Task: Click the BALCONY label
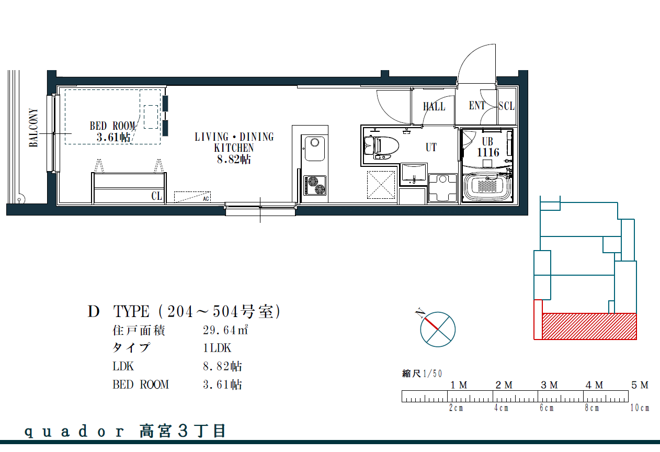pos(33,128)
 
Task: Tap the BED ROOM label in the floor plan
pos(112,126)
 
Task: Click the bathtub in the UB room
pos(487,187)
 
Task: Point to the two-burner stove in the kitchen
pos(315,185)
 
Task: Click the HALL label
pos(434,106)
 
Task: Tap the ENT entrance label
pos(477,105)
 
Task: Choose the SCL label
pos(506,106)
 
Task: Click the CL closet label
pos(157,196)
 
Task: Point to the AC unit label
pos(206,199)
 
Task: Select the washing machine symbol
pos(442,188)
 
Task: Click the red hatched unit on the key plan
pos(589,326)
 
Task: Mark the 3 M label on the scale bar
pos(549,385)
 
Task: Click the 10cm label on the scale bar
pos(640,408)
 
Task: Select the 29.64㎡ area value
pos(225,330)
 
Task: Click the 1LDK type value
pos(217,348)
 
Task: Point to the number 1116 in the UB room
pos(488,152)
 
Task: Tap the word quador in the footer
pos(74,432)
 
